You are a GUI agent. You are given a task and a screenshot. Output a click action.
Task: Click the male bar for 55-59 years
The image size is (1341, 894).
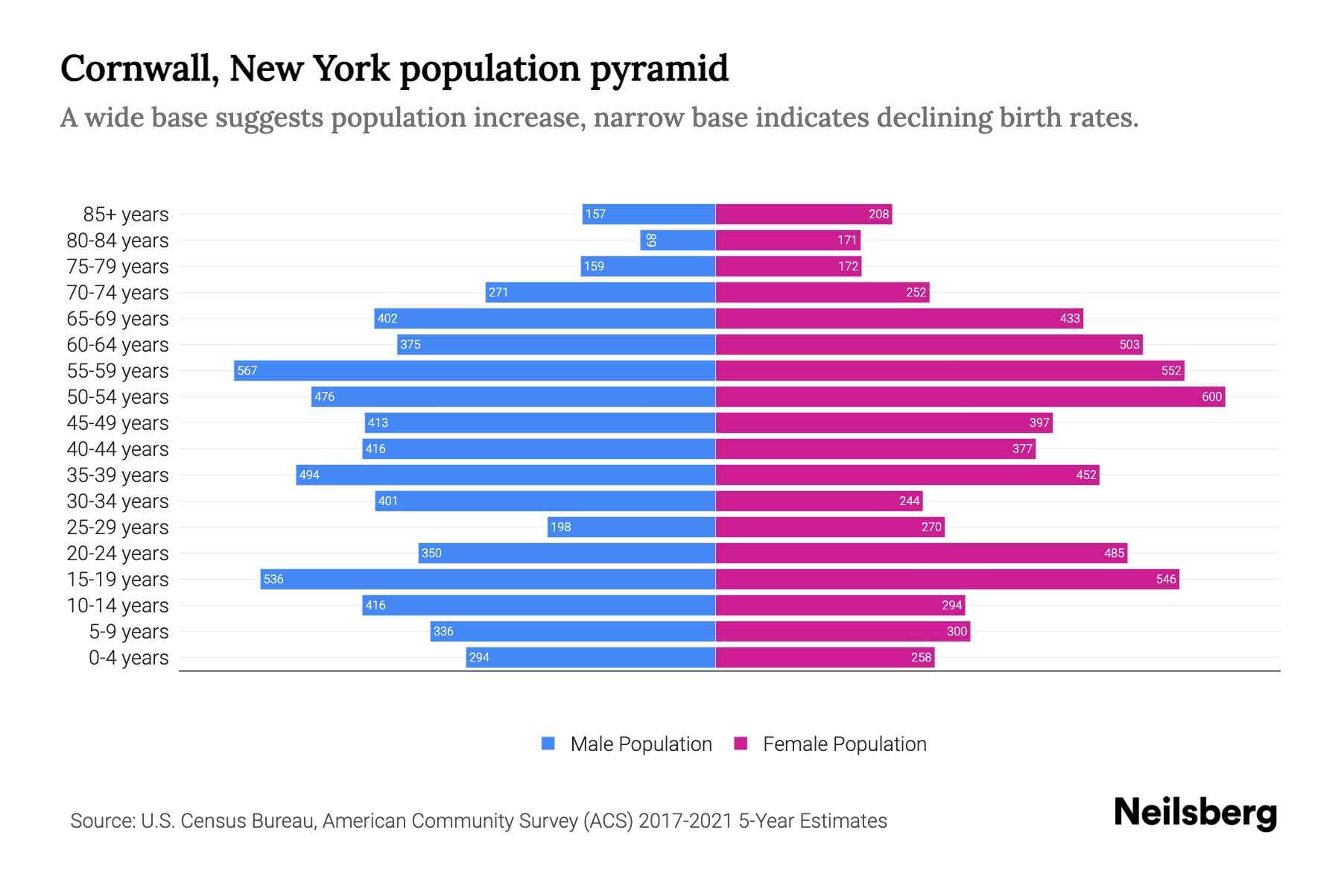point(475,370)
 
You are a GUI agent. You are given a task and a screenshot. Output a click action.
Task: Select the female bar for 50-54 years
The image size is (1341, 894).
point(970,396)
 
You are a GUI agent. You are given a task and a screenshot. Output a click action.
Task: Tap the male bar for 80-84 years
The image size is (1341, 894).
point(678,240)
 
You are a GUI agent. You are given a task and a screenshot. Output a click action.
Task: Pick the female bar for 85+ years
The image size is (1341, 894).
point(803,214)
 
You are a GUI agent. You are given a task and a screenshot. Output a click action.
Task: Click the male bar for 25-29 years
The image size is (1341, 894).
point(631,527)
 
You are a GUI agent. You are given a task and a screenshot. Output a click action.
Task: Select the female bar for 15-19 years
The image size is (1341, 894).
point(947,579)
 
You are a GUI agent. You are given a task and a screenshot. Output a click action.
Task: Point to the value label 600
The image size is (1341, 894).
point(1211,396)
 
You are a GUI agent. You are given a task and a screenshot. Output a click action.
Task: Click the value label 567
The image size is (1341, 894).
point(247,370)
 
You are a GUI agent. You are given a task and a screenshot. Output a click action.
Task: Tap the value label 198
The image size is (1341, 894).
point(560,527)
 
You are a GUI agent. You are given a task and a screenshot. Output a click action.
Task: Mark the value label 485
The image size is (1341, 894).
point(1114,553)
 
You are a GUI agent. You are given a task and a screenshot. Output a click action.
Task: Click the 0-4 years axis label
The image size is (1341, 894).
point(128,658)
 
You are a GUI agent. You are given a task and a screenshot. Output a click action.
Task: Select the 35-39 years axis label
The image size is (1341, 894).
point(118,475)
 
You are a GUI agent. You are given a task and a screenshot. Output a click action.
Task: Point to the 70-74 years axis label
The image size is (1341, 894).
point(118,293)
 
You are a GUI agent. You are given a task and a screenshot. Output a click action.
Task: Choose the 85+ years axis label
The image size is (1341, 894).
point(126,215)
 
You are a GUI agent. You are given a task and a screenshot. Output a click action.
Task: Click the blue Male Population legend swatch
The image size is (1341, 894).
point(548,744)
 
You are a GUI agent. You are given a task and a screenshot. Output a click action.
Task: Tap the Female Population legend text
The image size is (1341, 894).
point(844,744)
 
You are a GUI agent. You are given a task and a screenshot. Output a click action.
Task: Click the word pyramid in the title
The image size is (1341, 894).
point(659,69)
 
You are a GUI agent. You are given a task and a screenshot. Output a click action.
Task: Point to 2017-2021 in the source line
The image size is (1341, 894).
point(685,821)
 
